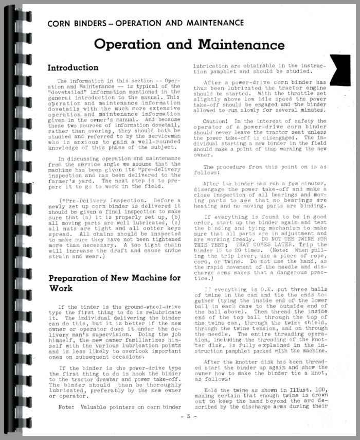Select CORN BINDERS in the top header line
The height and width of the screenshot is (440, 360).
coord(78,23)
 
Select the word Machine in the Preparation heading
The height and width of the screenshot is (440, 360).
coord(141,278)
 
